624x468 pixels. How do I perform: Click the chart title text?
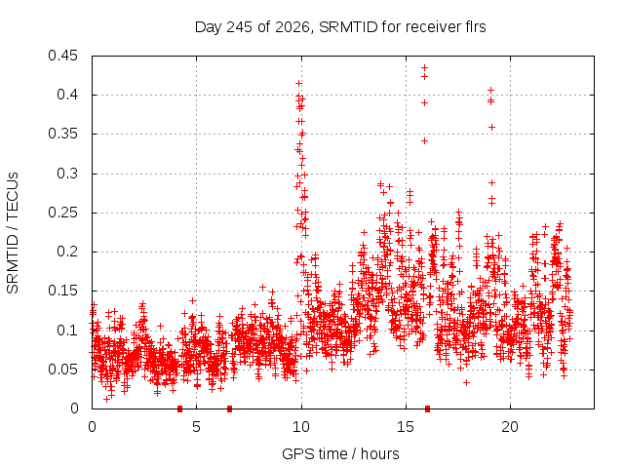coord(340,27)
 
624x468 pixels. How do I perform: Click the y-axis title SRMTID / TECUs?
coord(13,233)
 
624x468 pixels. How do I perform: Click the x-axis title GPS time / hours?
coord(340,453)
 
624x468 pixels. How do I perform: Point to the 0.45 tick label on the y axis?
coord(62,56)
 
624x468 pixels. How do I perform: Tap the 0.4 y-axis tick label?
coord(67,95)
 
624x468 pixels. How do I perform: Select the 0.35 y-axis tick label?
coord(62,135)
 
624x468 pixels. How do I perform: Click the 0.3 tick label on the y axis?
coord(67,174)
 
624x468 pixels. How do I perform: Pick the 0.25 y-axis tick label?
coord(62,213)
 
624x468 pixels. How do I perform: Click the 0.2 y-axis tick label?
coord(67,252)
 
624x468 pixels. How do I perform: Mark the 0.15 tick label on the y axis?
coord(62,291)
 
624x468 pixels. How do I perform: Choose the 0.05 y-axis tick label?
coord(62,370)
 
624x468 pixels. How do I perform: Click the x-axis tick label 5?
coord(197,427)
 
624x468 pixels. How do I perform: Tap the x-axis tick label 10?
coord(301,427)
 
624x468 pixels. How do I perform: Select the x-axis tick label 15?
coord(406,427)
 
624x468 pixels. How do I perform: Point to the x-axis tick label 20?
coord(510,427)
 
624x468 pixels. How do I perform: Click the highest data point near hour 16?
coord(425,67)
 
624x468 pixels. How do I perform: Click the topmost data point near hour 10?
coord(299,83)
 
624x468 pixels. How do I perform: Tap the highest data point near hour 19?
coord(491,91)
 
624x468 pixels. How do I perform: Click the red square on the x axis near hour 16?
coord(427,409)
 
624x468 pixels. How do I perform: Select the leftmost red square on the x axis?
coord(179,409)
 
